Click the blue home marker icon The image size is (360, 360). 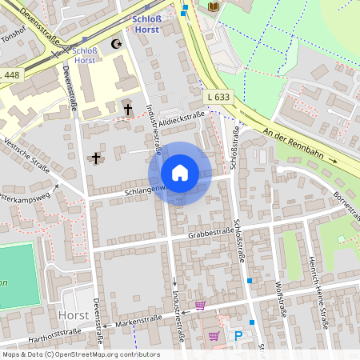(180, 173)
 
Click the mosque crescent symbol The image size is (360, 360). (118, 44)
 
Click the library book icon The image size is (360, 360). (213, 7)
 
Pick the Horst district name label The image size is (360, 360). (74, 315)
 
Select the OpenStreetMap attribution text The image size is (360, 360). (81, 354)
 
